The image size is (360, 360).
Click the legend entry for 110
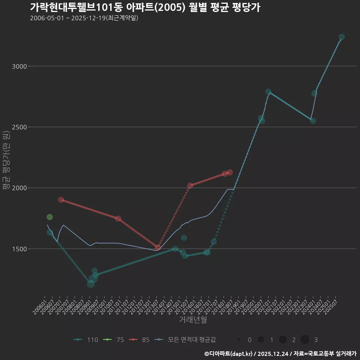click(x=86, y=340)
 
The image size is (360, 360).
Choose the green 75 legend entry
click(x=115, y=340)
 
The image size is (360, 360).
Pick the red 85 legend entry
click(x=141, y=340)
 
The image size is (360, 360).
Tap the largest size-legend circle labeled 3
click(x=305, y=340)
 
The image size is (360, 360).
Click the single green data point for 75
click(x=49, y=217)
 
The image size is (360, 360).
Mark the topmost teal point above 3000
click(x=342, y=37)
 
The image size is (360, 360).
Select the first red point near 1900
click(x=61, y=200)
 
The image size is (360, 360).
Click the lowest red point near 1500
click(x=158, y=247)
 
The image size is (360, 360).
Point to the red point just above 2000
click(x=190, y=186)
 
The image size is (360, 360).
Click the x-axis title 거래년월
click(x=193, y=320)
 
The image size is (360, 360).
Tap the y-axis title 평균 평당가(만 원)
click(x=6, y=161)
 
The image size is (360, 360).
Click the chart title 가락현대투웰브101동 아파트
click(x=145, y=7)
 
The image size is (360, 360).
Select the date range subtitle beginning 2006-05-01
click(x=84, y=18)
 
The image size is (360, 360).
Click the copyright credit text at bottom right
click(x=280, y=354)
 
